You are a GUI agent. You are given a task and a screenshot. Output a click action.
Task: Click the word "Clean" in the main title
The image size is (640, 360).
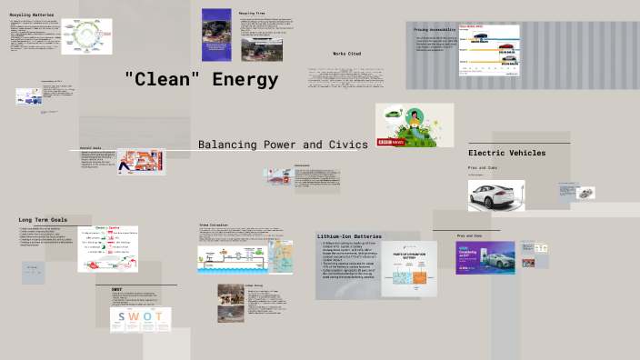(x=164, y=80)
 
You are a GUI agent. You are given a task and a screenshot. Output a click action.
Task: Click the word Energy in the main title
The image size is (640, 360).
(x=245, y=80)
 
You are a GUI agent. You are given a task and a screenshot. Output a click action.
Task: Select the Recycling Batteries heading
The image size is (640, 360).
(x=33, y=15)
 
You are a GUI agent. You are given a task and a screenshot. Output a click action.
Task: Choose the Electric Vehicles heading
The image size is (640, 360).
(x=506, y=153)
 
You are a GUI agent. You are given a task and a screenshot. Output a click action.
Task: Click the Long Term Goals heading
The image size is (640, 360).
(x=43, y=220)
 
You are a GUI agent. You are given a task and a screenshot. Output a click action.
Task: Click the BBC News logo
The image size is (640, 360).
(x=391, y=140)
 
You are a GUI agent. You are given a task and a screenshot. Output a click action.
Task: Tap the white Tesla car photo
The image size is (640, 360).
(x=496, y=194)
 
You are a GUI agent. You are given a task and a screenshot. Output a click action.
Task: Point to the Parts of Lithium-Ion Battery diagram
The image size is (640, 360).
(x=408, y=268)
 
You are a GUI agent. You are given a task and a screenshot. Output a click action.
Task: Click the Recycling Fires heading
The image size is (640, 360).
(x=252, y=15)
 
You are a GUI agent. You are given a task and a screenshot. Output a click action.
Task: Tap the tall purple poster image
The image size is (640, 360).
(x=215, y=30)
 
